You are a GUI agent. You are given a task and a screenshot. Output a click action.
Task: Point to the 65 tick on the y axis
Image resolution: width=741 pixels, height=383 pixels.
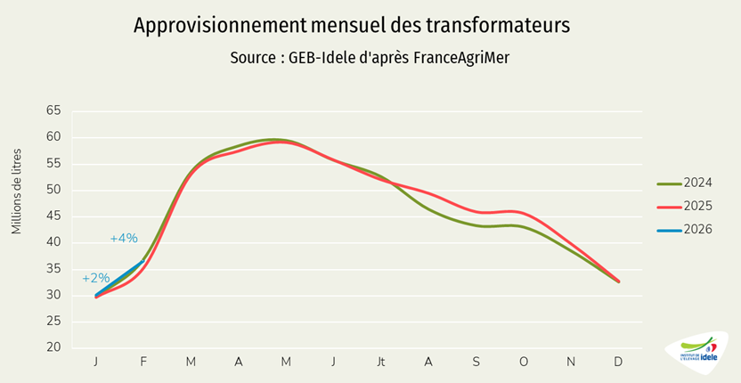pos(53,110)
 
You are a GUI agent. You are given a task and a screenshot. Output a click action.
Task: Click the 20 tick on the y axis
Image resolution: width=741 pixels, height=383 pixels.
pos(53,347)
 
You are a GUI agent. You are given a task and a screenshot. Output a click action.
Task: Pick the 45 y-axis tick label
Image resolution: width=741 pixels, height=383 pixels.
pos(53,216)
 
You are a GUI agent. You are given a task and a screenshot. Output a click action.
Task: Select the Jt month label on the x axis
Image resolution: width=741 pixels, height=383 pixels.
pos(381,361)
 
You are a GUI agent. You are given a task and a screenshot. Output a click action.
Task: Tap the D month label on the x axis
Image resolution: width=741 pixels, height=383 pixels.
pos(618,361)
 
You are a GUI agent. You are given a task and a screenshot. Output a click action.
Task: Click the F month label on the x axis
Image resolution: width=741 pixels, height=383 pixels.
pos(143,361)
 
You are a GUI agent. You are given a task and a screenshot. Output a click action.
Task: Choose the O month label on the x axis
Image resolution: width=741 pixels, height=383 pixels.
pos(523,361)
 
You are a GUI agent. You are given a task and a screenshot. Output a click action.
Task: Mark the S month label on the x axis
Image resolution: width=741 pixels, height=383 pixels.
pos(476,361)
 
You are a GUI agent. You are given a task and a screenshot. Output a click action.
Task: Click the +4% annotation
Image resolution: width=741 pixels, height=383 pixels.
pos(124,238)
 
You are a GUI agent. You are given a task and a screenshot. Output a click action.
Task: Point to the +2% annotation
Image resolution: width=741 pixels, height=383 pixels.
pos(95,278)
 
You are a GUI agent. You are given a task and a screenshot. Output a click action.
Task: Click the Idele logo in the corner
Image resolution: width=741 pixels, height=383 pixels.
pos(697,352)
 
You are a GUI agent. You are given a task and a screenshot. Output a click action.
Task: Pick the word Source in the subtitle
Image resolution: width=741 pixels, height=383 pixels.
pos(252,57)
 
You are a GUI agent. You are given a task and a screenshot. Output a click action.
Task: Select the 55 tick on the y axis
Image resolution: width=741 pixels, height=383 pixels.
pos(53,163)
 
